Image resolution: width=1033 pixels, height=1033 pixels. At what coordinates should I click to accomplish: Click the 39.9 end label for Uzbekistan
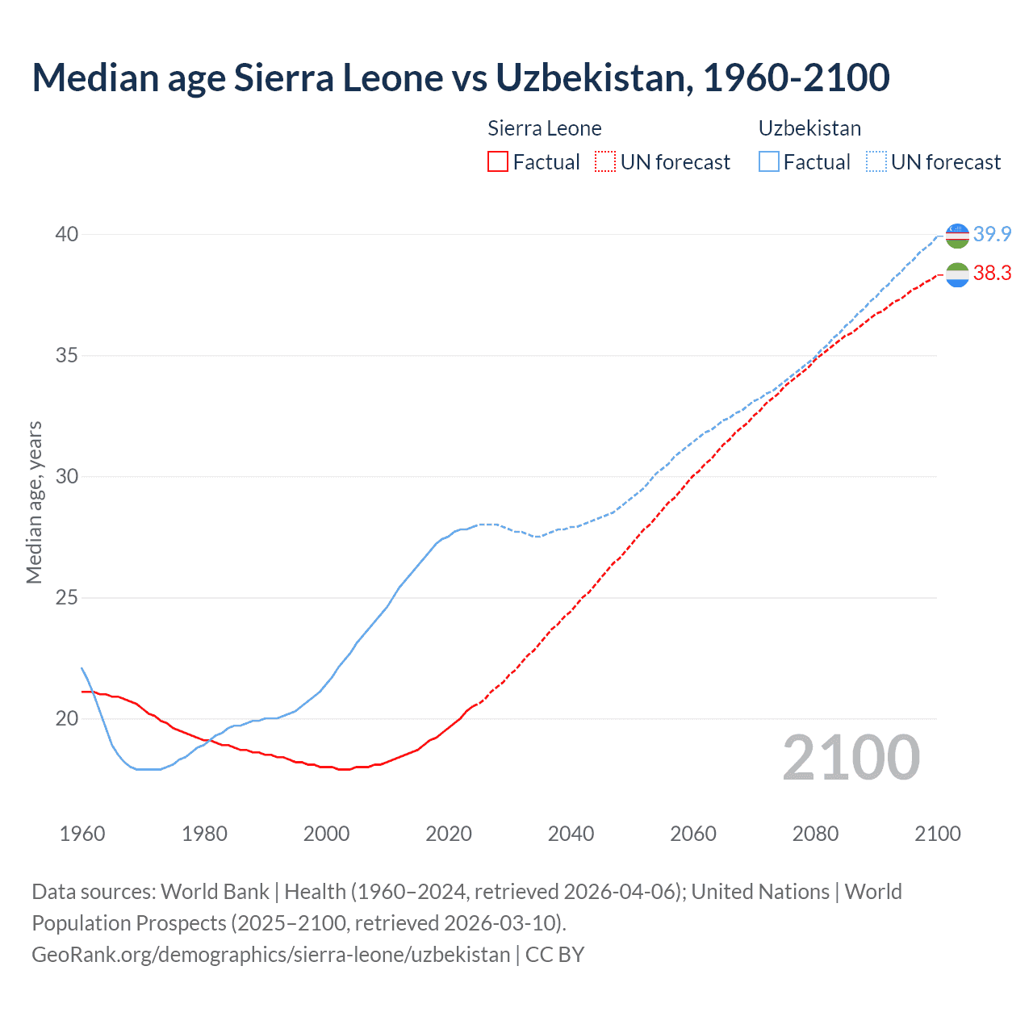pyautogui.click(x=992, y=234)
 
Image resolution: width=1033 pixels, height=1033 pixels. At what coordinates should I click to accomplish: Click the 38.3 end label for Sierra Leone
pyautogui.click(x=992, y=274)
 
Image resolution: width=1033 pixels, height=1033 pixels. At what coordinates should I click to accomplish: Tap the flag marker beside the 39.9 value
pyautogui.click(x=957, y=236)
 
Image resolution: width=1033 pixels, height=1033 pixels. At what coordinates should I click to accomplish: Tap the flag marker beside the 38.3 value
pyautogui.click(x=957, y=274)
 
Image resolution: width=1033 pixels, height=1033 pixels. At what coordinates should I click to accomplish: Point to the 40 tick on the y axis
pyautogui.click(x=67, y=234)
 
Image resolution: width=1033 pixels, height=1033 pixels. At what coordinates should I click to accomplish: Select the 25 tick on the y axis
pyautogui.click(x=67, y=598)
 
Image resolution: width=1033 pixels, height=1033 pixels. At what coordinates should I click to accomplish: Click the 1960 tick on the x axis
pyautogui.click(x=82, y=834)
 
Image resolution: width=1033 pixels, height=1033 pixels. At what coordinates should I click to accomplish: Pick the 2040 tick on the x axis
pyautogui.click(x=571, y=834)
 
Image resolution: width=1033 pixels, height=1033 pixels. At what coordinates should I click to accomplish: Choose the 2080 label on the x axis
pyautogui.click(x=815, y=834)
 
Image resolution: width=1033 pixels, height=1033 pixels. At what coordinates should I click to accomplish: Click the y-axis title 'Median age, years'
pyautogui.click(x=34, y=502)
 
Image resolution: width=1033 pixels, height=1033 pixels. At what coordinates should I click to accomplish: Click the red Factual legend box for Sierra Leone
pyautogui.click(x=498, y=162)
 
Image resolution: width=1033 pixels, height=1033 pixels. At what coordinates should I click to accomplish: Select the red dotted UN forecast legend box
pyautogui.click(x=605, y=162)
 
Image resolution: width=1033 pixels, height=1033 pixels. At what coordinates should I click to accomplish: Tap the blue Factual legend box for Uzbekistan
pyautogui.click(x=768, y=162)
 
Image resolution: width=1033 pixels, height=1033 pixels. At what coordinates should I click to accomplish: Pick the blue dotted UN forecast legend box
pyautogui.click(x=876, y=162)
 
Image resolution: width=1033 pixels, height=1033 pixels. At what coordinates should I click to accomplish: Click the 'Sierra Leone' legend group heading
pyautogui.click(x=545, y=128)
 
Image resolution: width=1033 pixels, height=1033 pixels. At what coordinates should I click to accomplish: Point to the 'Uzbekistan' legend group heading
pyautogui.click(x=809, y=128)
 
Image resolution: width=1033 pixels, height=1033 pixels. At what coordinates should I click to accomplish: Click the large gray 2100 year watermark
pyautogui.click(x=851, y=758)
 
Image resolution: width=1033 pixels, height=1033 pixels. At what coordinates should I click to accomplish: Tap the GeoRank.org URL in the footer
pyautogui.click(x=271, y=955)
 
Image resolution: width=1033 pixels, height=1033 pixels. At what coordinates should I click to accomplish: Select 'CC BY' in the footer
pyautogui.click(x=555, y=955)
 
